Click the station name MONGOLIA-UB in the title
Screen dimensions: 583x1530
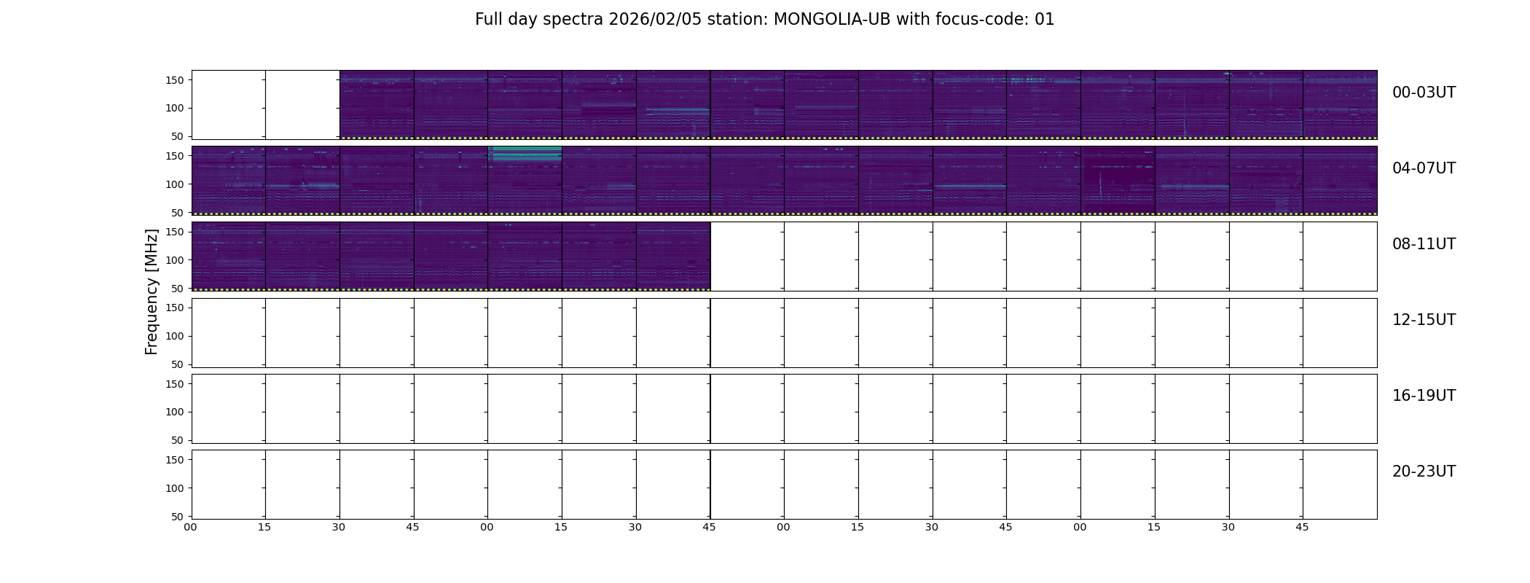click(x=831, y=20)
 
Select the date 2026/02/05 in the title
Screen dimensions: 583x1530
click(x=655, y=20)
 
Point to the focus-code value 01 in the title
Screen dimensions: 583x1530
click(x=1045, y=20)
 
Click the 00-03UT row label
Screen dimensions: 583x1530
click(x=1424, y=93)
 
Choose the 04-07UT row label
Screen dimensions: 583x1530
click(x=1424, y=168)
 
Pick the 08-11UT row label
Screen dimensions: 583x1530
click(x=1424, y=244)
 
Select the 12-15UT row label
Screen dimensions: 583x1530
click(x=1424, y=320)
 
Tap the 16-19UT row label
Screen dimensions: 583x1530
click(x=1424, y=396)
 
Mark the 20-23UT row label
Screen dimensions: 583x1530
click(x=1424, y=472)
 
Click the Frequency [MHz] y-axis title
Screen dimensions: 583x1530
click(x=152, y=291)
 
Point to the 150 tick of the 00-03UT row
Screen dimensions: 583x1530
click(x=175, y=80)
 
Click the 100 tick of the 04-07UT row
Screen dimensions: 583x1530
click(x=175, y=184)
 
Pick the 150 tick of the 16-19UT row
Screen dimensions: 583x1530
click(x=175, y=384)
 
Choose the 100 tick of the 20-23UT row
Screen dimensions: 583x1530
click(x=175, y=488)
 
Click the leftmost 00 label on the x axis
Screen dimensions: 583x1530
click(x=190, y=527)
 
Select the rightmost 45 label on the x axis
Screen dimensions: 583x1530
click(x=1302, y=527)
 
